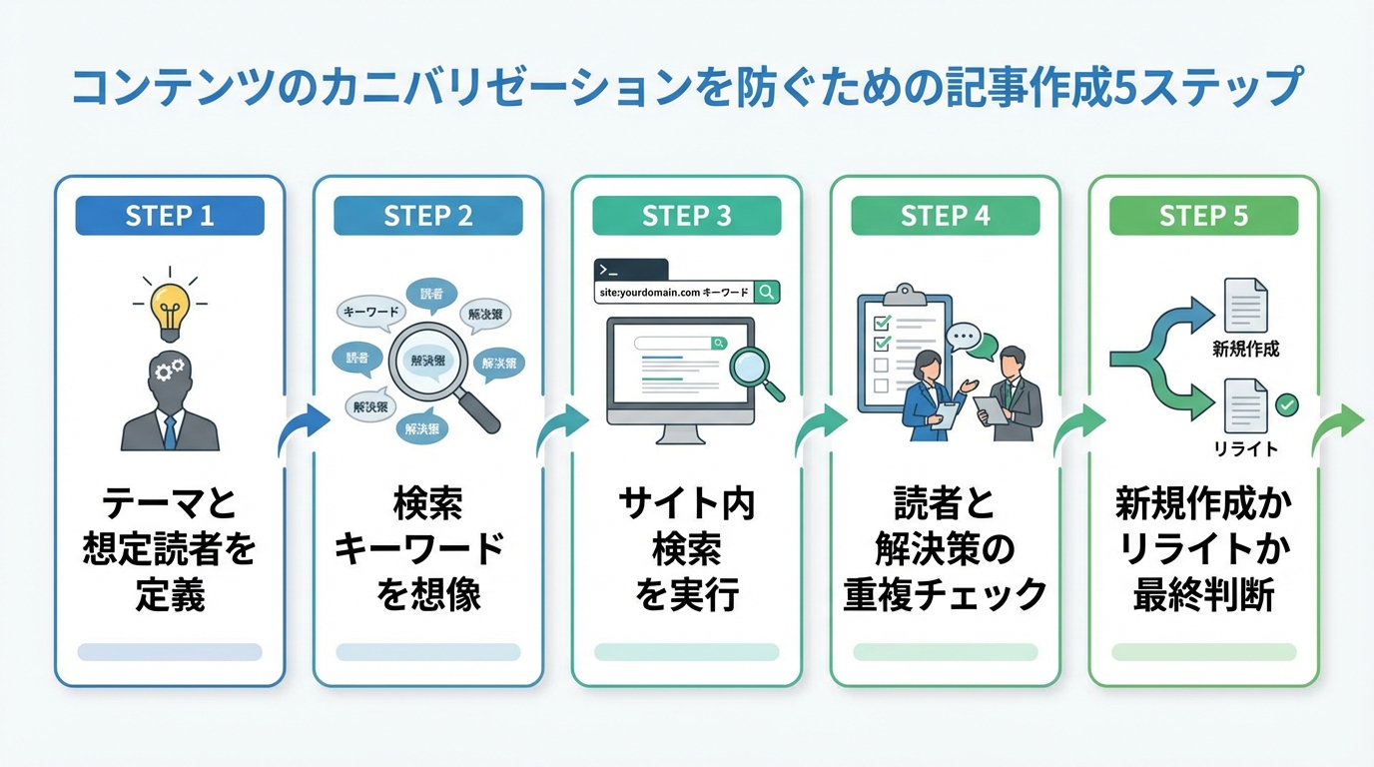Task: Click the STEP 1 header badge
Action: [x=170, y=216]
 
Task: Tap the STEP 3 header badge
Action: [x=686, y=216]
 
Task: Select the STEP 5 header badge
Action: [x=1203, y=216]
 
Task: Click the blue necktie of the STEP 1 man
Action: [x=170, y=430]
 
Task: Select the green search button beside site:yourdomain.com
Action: [x=766, y=293]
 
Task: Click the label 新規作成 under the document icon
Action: [x=1244, y=350]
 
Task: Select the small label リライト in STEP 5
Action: [x=1245, y=448]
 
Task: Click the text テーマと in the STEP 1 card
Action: [x=170, y=503]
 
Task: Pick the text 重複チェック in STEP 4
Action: [x=945, y=594]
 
